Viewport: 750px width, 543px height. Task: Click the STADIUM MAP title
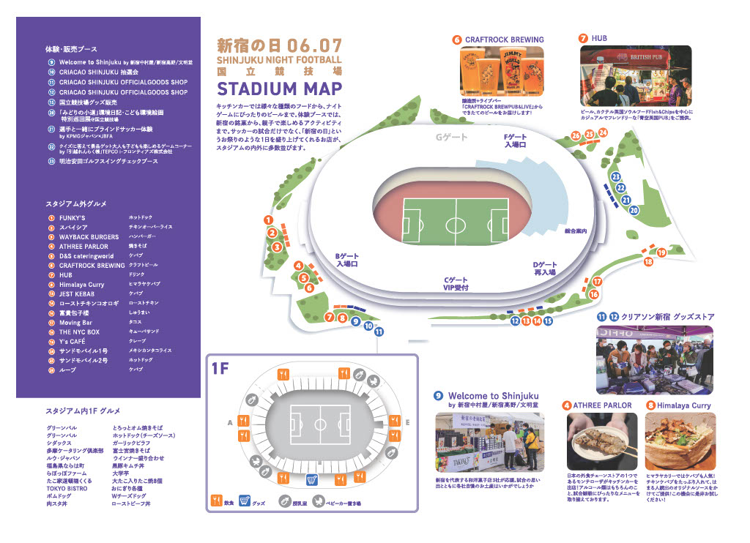(x=279, y=89)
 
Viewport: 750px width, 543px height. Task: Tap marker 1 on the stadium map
(x=269, y=220)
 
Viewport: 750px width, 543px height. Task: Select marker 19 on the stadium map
(x=661, y=252)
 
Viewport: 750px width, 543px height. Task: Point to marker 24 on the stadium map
(x=603, y=132)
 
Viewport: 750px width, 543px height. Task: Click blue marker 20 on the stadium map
(x=634, y=210)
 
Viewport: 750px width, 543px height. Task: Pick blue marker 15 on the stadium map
(x=548, y=321)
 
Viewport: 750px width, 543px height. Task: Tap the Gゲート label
(x=451, y=137)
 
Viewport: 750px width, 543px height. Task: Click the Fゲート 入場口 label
(x=516, y=141)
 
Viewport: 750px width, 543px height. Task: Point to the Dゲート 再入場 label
(x=545, y=268)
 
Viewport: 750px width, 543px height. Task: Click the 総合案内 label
(x=576, y=231)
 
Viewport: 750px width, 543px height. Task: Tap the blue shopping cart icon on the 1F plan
(x=311, y=480)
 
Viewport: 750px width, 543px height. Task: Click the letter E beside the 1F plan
(x=408, y=422)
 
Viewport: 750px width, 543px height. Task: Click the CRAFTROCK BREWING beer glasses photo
(x=502, y=72)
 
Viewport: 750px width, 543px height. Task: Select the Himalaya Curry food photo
(x=680, y=440)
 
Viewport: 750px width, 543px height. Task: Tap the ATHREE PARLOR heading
(x=601, y=405)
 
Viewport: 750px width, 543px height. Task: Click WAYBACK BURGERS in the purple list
(x=89, y=237)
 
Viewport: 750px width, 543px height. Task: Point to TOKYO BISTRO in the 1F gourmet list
(x=67, y=487)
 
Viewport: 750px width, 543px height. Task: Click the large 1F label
(x=220, y=369)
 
